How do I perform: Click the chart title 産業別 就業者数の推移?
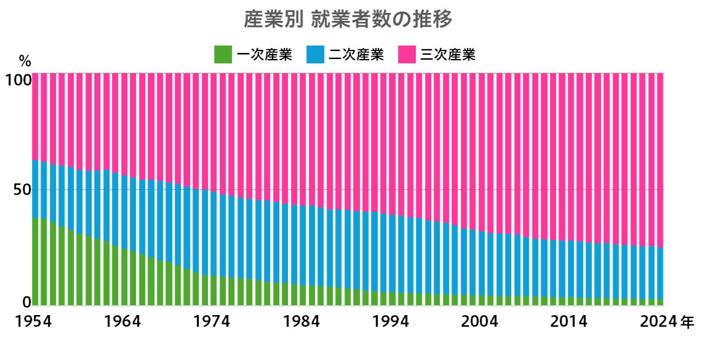[348, 19]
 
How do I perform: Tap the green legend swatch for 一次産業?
[223, 55]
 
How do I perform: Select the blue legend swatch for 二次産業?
[315, 55]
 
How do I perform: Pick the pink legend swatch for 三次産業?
[407, 55]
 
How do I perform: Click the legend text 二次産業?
[357, 55]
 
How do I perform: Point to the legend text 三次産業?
[448, 55]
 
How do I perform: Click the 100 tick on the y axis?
[18, 80]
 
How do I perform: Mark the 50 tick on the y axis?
[22, 190]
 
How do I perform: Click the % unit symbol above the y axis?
[25, 61]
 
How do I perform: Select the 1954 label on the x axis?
[33, 322]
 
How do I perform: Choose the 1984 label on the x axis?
[301, 322]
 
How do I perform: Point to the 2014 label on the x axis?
[569, 322]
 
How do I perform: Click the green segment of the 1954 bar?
[35, 262]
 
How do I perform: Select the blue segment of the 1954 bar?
[35, 189]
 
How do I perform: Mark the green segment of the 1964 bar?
[124, 277]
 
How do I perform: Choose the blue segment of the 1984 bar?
[303, 246]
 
